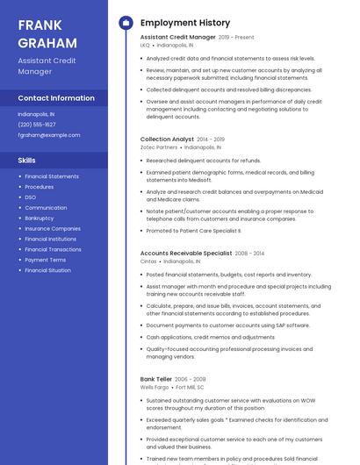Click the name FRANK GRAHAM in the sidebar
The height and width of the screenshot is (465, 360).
[x=41, y=32]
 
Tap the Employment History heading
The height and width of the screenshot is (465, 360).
[x=184, y=23]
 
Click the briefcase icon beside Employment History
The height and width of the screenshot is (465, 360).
[x=125, y=23]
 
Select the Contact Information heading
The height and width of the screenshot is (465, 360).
[x=56, y=98]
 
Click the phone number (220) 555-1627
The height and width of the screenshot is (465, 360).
[x=37, y=125]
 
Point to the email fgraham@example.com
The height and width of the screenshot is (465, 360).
[x=49, y=135]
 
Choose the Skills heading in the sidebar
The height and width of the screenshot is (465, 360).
[x=27, y=161]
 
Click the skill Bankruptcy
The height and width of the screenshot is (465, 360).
[x=40, y=218]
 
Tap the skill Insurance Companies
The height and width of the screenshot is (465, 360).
[x=53, y=228]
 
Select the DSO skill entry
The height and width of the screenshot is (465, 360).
[x=31, y=197]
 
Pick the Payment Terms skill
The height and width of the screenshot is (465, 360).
[x=46, y=260]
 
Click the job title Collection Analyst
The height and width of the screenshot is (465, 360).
[x=167, y=139]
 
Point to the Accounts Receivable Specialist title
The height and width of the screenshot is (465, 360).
[x=186, y=253]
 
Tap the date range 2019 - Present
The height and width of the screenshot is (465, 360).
[x=236, y=38]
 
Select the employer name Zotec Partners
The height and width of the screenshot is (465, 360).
[x=159, y=147]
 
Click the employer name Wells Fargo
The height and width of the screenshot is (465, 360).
[x=155, y=387]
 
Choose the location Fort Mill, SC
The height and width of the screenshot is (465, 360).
[x=191, y=387]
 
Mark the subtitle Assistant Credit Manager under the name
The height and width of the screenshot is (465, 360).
[x=47, y=66]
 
